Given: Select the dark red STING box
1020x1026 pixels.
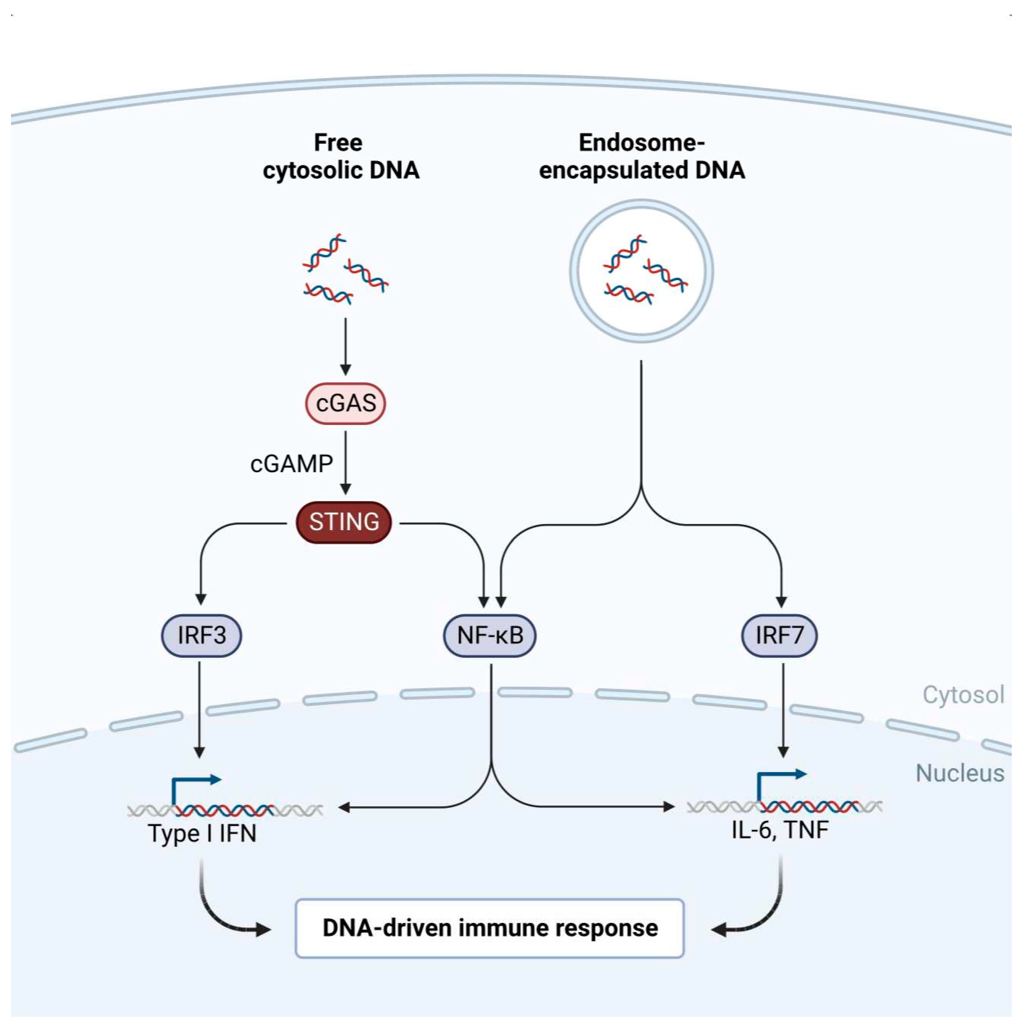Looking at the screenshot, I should pos(344,522).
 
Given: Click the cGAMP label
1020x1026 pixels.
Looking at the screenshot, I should pos(291,464).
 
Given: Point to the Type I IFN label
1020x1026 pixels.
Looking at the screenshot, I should pos(202,833).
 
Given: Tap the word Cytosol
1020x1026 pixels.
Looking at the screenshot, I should pos(963,695).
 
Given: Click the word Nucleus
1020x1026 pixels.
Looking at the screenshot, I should pos(960,773).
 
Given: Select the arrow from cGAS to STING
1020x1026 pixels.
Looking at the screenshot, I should pos(345,462).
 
